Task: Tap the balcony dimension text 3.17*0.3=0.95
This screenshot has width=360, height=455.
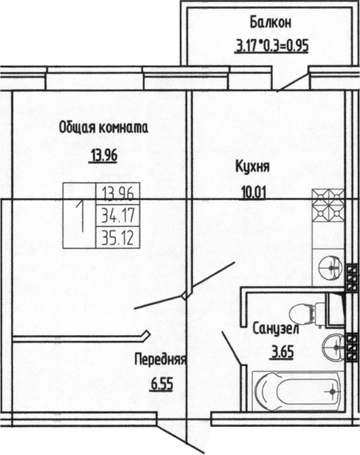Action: tap(272, 49)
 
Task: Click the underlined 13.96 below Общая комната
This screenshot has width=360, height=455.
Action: tap(103, 156)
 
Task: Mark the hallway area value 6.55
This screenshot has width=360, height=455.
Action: tap(161, 386)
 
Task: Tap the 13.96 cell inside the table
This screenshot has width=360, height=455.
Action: tap(119, 192)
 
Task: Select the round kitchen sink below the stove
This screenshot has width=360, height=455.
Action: tap(327, 266)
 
